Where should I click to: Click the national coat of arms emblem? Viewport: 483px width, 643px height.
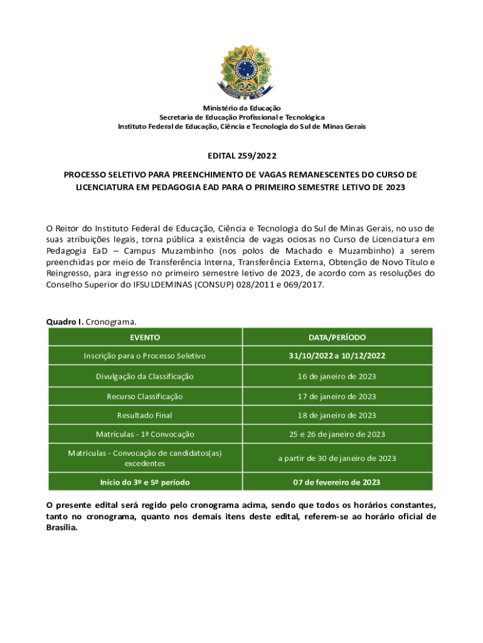click(242, 73)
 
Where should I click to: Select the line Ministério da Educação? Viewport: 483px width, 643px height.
click(242, 109)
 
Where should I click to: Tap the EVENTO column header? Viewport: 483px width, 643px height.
click(145, 337)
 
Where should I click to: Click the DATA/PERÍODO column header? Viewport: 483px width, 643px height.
click(337, 337)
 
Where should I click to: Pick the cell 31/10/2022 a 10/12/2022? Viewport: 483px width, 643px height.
click(337, 356)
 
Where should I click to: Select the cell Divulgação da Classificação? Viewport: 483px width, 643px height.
click(145, 377)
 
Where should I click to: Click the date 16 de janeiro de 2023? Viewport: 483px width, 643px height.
click(337, 377)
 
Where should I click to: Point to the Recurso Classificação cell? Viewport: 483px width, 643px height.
click(145, 396)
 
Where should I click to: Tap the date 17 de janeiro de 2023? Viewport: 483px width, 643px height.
click(337, 396)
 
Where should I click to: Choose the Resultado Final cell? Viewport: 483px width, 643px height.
click(145, 415)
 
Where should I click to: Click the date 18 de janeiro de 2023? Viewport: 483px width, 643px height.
click(337, 415)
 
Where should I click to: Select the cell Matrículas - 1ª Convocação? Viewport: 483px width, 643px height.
click(145, 434)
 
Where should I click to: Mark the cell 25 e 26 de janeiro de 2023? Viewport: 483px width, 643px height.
click(337, 434)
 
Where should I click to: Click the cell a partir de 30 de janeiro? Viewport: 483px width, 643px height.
click(337, 458)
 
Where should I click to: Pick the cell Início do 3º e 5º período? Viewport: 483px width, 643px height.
click(145, 482)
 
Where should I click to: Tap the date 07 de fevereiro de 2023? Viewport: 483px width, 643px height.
click(337, 482)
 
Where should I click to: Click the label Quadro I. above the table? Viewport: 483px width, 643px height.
click(65, 322)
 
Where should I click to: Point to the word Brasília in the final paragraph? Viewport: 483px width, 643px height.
click(61, 527)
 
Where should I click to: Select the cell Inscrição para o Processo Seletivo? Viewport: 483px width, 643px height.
click(145, 356)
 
